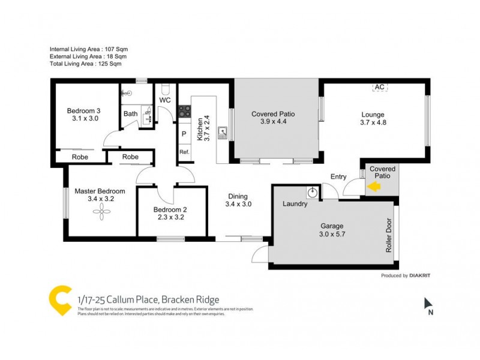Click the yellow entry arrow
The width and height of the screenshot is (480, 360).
373,187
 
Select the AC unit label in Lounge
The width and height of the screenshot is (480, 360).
379,87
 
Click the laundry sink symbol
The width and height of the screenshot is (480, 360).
312,193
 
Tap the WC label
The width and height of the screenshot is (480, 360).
165,100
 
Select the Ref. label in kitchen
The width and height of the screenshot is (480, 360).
184,152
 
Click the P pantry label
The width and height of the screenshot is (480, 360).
184,134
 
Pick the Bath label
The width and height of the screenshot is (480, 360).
130,113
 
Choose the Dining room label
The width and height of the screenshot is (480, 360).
238,196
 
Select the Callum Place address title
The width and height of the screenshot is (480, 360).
148,299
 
